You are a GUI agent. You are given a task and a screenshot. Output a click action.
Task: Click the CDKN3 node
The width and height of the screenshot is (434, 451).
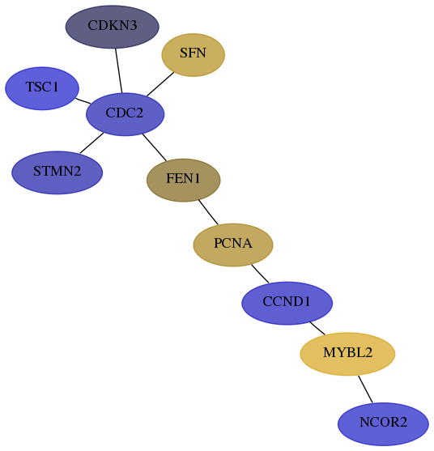pos(113,27)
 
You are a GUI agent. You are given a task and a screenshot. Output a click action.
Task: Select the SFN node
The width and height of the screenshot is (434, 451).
pos(193,55)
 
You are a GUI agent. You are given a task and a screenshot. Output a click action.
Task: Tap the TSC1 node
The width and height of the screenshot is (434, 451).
pos(42,88)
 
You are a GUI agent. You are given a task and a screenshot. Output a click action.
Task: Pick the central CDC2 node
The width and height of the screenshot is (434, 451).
pos(126,114)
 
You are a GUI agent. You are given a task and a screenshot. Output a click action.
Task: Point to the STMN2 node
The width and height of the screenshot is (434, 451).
pos(57,172)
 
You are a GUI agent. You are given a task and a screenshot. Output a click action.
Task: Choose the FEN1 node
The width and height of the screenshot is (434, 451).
pos(184,180)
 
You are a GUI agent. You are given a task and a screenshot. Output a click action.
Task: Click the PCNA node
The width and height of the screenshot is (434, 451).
pos(233,245)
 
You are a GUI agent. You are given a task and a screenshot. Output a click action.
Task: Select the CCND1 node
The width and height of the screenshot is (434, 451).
pos(287,303)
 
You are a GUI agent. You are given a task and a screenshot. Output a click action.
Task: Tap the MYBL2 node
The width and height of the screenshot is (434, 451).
pos(347,354)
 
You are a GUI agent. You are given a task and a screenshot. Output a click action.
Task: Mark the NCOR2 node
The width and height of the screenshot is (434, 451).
pos(383,424)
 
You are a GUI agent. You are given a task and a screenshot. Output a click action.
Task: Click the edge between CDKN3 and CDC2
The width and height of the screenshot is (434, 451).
pos(119,70)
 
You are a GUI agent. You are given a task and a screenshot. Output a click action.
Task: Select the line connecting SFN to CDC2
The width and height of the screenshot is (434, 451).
pos(160,84)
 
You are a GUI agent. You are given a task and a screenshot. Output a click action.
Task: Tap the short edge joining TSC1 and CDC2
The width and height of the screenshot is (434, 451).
pos(83,101)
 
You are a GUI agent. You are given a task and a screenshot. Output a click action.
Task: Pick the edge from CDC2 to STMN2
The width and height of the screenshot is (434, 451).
pos(91,143)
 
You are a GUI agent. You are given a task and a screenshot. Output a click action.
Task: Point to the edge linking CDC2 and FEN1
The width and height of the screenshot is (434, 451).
pos(154,147)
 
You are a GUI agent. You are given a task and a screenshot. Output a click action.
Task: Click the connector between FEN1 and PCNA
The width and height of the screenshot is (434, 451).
pos(208,212)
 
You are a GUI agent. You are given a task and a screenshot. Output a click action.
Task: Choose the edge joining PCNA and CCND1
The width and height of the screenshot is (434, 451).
pos(260,274)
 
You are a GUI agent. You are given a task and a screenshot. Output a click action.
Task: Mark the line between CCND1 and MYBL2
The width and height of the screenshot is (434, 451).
pos(317,328)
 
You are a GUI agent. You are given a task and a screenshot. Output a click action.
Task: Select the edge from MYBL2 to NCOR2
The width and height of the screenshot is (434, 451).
pos(365,389)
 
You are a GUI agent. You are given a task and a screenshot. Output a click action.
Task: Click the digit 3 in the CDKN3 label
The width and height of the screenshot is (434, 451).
pos(133,26)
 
